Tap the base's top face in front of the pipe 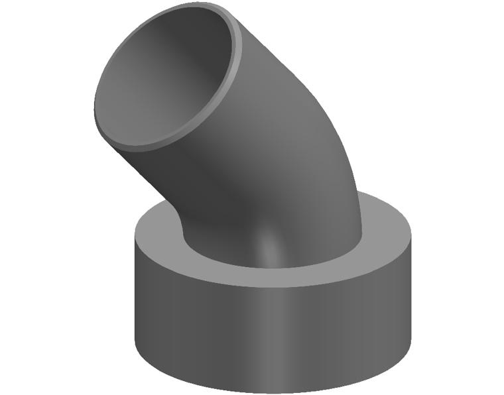[279, 276]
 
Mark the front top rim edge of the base [272, 286]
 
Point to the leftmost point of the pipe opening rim [95, 109]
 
